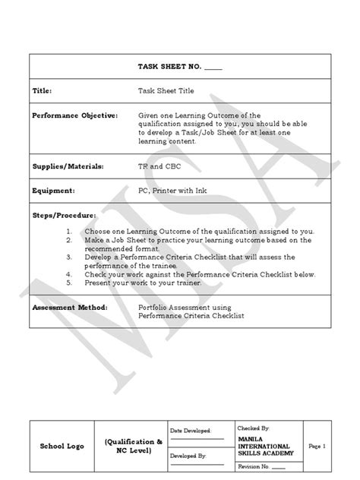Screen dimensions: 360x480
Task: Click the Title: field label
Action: point(43,90)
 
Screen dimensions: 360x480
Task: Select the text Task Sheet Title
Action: point(166,90)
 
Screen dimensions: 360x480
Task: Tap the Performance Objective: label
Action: point(75,115)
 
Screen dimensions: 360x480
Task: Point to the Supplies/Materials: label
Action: point(68,166)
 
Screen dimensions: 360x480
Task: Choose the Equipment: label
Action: point(54,191)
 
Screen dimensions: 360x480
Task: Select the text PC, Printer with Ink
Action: point(173,191)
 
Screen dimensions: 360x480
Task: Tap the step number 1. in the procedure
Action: point(70,231)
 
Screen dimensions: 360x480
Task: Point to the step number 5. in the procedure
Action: point(70,282)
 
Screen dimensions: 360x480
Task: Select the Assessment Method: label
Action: point(70,308)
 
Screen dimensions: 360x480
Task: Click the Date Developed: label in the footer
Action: point(190,430)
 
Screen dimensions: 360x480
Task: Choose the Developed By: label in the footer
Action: point(188,456)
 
